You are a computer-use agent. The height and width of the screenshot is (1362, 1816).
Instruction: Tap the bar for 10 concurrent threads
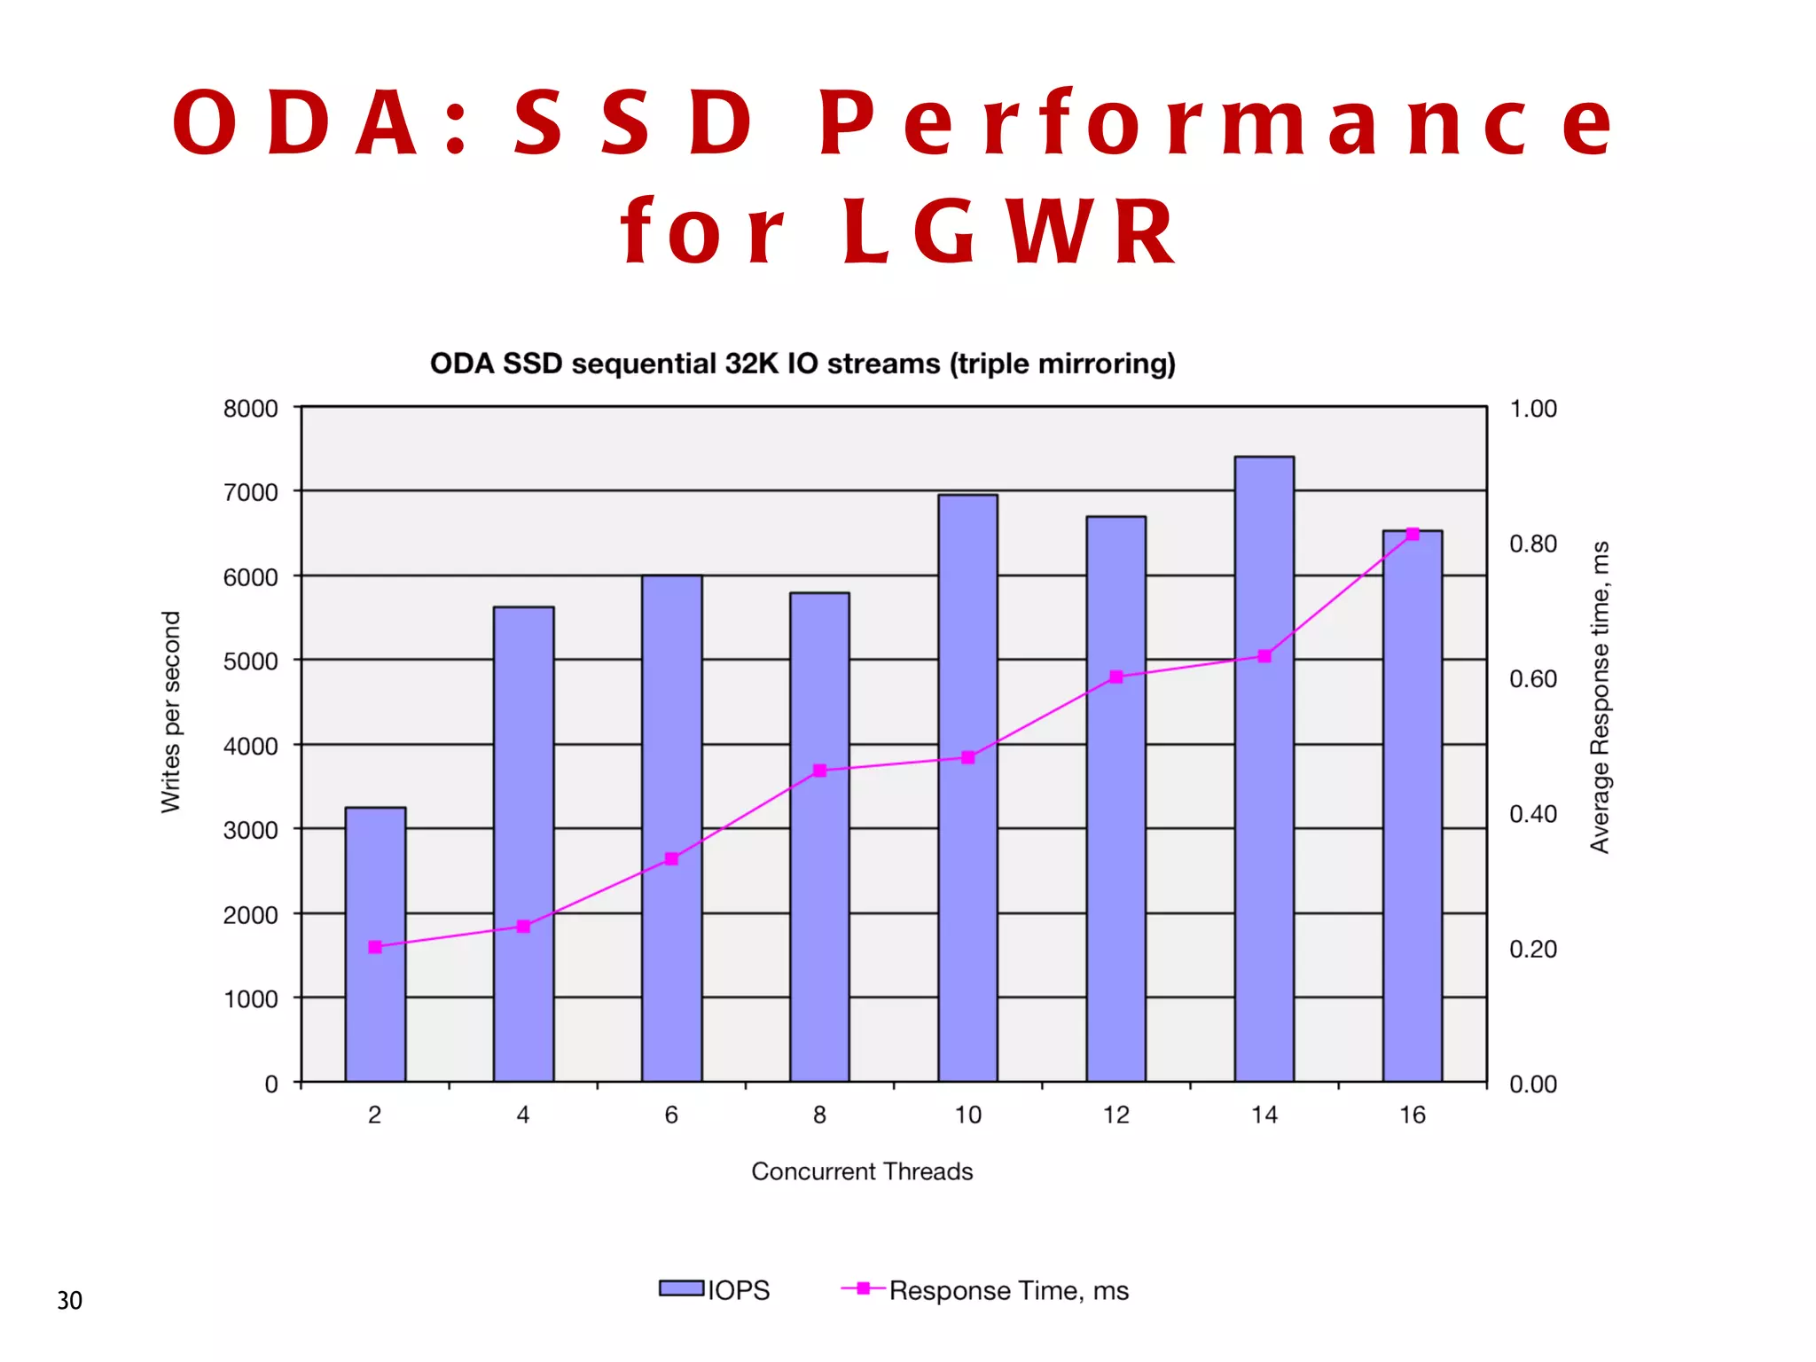967,887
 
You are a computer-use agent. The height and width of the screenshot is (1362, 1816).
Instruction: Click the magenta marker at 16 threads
1413,534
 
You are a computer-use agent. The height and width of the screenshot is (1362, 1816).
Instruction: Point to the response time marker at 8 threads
819,771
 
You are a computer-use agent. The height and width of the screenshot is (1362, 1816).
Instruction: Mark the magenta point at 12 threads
1116,677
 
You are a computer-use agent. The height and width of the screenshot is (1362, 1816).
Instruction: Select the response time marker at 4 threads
523,927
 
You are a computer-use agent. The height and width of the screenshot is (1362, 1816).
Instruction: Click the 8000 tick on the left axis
250,409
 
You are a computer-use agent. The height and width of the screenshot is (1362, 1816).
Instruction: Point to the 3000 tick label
250,831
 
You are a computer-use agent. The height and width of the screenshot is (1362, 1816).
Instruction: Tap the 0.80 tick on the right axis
1533,544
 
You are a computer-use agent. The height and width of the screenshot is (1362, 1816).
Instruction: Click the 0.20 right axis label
1533,950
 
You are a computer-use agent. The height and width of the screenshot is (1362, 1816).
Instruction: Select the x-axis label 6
671,1115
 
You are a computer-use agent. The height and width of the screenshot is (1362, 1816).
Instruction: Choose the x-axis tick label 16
1413,1115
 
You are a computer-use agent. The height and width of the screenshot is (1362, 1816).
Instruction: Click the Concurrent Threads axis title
862,1171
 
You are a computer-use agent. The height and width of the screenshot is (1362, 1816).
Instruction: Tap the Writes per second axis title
170,712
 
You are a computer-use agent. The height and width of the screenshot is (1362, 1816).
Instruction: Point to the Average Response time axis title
1599,697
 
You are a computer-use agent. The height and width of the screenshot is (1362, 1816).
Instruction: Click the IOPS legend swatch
681,1288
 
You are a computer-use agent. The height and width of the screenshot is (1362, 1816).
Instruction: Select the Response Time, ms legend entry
1008,1290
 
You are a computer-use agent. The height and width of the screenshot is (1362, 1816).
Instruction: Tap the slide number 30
69,1301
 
